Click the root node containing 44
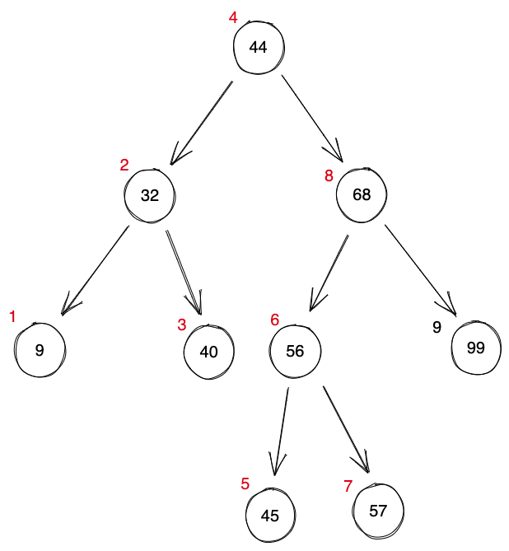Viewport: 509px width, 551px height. (258, 47)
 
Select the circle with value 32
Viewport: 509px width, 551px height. (149, 195)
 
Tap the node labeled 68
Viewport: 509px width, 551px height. (361, 195)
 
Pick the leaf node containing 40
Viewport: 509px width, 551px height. (208, 352)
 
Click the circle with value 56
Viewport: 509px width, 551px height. (295, 351)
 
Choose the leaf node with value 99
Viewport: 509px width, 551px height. (475, 348)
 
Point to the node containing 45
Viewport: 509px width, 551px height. (270, 516)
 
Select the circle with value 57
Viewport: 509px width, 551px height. (378, 511)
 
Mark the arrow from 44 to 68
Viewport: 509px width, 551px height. (311, 119)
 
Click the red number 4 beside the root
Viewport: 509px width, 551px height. (233, 17)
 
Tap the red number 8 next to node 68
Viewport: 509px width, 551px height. (329, 175)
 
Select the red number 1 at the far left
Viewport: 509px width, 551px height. (12, 317)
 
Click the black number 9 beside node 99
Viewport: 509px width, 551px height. (437, 328)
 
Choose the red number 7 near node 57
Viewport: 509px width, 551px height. (348, 486)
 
